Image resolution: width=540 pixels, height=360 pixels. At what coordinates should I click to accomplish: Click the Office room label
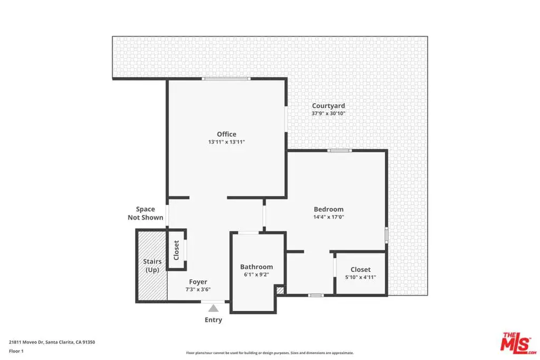tap(226, 134)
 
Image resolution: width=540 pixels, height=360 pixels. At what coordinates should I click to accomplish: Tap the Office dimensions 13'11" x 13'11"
tap(226, 142)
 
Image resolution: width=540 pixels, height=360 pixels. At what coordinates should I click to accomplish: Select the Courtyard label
tap(328, 106)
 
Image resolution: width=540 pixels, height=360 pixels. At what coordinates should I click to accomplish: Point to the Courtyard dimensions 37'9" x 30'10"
tap(328, 113)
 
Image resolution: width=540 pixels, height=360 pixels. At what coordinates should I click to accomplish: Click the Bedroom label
tap(329, 209)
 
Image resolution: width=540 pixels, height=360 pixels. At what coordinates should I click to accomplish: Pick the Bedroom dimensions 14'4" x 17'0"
tap(329, 217)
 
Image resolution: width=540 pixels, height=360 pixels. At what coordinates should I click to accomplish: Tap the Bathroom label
tap(257, 267)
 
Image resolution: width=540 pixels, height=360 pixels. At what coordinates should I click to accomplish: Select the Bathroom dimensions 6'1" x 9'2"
tap(257, 274)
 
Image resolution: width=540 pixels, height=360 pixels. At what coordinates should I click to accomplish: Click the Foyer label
tap(198, 282)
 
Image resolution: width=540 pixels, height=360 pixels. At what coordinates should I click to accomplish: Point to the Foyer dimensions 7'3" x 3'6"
tap(198, 289)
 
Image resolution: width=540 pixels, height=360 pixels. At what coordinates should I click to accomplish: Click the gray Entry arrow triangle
tap(213, 308)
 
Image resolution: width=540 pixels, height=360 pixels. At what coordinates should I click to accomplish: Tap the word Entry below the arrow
tap(213, 320)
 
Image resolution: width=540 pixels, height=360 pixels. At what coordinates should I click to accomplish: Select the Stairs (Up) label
tap(152, 265)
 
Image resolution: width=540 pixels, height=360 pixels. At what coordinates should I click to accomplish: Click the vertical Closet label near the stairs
tap(176, 250)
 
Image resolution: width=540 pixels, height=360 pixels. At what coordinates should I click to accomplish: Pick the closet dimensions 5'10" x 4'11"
tap(361, 277)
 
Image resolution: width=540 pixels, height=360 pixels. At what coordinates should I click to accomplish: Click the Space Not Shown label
tap(146, 213)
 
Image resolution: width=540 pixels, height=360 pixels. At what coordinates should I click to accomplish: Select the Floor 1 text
tap(16, 351)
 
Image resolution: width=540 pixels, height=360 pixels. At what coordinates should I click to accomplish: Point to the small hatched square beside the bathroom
tap(281, 290)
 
